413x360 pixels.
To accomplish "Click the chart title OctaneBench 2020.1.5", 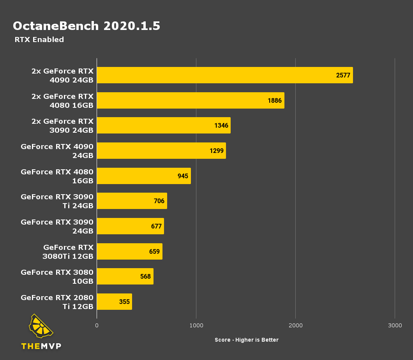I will coord(86,26).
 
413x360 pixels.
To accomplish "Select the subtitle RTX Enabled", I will coord(39,40).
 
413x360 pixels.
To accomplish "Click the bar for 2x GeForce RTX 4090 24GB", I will coord(224,75).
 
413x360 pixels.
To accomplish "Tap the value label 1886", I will coord(275,100).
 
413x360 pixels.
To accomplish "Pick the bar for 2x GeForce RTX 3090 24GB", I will coord(163,125).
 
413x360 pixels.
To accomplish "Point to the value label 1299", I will coord(217,151).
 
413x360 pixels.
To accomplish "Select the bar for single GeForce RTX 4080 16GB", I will coord(143,176).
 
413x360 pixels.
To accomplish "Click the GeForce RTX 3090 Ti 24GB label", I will coord(57,201).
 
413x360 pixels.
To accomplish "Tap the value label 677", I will coord(156,226).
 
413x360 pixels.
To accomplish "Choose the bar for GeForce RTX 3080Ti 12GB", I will coord(129,251).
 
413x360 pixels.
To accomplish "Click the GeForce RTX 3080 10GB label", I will coord(57,276).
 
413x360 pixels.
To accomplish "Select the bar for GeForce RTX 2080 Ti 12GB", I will coord(114,302).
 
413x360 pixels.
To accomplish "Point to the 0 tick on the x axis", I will coord(97,325).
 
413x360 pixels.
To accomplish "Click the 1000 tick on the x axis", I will coord(196,325).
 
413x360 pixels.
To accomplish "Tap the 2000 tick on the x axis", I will coord(295,325).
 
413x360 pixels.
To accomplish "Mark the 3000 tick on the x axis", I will coord(395,325).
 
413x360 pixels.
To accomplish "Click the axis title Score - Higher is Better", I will coord(247,340).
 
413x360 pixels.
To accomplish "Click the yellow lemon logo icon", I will coord(41,326).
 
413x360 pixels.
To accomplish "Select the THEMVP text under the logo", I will coord(41,346).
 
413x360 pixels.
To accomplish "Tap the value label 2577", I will coord(343,75).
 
